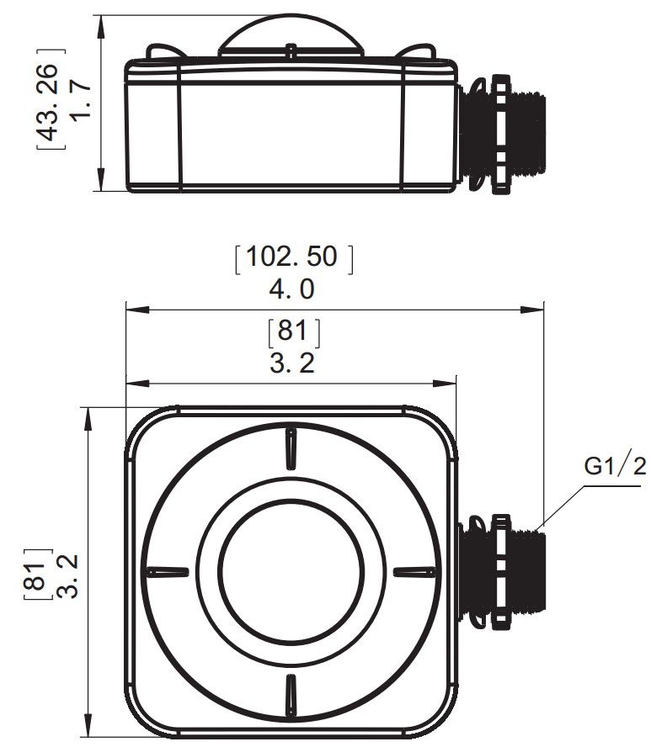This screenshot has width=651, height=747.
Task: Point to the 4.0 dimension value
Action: coord(291,289)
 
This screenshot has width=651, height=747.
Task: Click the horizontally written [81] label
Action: coord(292,331)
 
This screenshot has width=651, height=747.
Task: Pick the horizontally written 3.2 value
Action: coord(291,363)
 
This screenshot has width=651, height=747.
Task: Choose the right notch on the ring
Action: coord(414,571)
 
